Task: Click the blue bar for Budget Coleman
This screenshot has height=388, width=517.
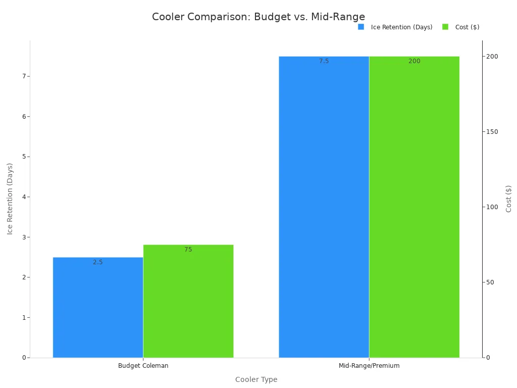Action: (x=98, y=308)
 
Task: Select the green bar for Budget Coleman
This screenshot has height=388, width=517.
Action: (x=188, y=303)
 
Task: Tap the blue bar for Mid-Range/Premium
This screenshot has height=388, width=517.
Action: (x=324, y=207)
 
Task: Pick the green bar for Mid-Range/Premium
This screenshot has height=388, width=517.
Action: (x=414, y=207)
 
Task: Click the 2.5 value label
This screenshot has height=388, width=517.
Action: (x=98, y=262)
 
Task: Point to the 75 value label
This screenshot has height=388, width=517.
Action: (x=188, y=250)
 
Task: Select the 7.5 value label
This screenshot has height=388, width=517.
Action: (x=324, y=61)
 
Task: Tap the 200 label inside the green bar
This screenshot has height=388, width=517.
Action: (x=414, y=61)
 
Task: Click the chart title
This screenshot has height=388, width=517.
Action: (x=258, y=17)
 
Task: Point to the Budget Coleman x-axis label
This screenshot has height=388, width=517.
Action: (x=143, y=366)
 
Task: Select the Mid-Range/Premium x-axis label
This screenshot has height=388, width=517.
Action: (x=369, y=366)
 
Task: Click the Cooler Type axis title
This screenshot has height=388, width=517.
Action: (x=256, y=379)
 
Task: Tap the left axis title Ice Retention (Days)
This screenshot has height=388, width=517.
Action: (x=10, y=199)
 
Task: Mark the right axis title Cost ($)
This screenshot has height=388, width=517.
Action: (x=509, y=199)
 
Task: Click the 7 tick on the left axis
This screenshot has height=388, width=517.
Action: (x=23, y=76)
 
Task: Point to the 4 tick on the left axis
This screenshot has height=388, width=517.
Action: (x=23, y=197)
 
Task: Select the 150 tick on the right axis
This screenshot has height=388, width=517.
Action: (x=492, y=132)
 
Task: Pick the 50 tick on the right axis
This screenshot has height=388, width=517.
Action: (x=490, y=282)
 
